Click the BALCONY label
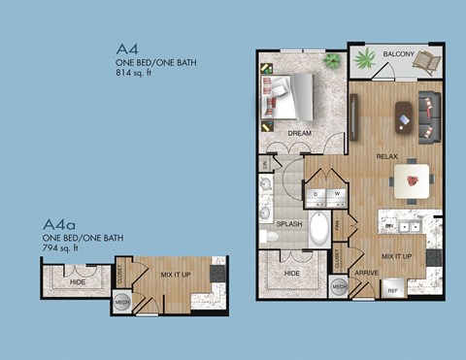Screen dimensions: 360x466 (x=398, y=54)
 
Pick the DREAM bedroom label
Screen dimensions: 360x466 (x=301, y=131)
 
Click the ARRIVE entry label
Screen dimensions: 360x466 (x=366, y=274)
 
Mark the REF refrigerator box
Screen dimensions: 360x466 (x=393, y=290)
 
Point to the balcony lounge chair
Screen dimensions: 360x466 (x=424, y=63)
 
